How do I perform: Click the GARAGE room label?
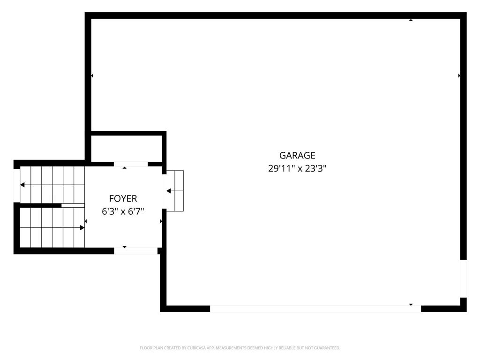click(297, 156)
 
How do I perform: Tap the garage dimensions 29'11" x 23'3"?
click(297, 168)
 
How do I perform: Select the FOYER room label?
click(123, 199)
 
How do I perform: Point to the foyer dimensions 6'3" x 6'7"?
click(123, 211)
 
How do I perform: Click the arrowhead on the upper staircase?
click(22, 185)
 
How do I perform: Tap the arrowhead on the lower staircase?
click(82, 228)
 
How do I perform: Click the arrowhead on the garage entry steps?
click(169, 191)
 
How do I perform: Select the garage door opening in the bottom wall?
click(315, 308)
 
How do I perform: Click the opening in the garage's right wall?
click(464, 278)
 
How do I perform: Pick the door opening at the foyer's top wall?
click(131, 164)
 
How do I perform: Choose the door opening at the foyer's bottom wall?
click(136, 251)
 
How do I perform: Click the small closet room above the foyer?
click(127, 149)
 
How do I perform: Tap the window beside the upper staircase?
click(17, 186)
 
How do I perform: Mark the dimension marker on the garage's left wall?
click(92, 75)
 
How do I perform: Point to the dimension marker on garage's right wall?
click(459, 75)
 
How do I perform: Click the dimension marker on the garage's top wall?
click(411, 20)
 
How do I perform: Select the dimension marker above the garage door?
click(411, 305)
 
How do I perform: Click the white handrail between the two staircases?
click(73, 205)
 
